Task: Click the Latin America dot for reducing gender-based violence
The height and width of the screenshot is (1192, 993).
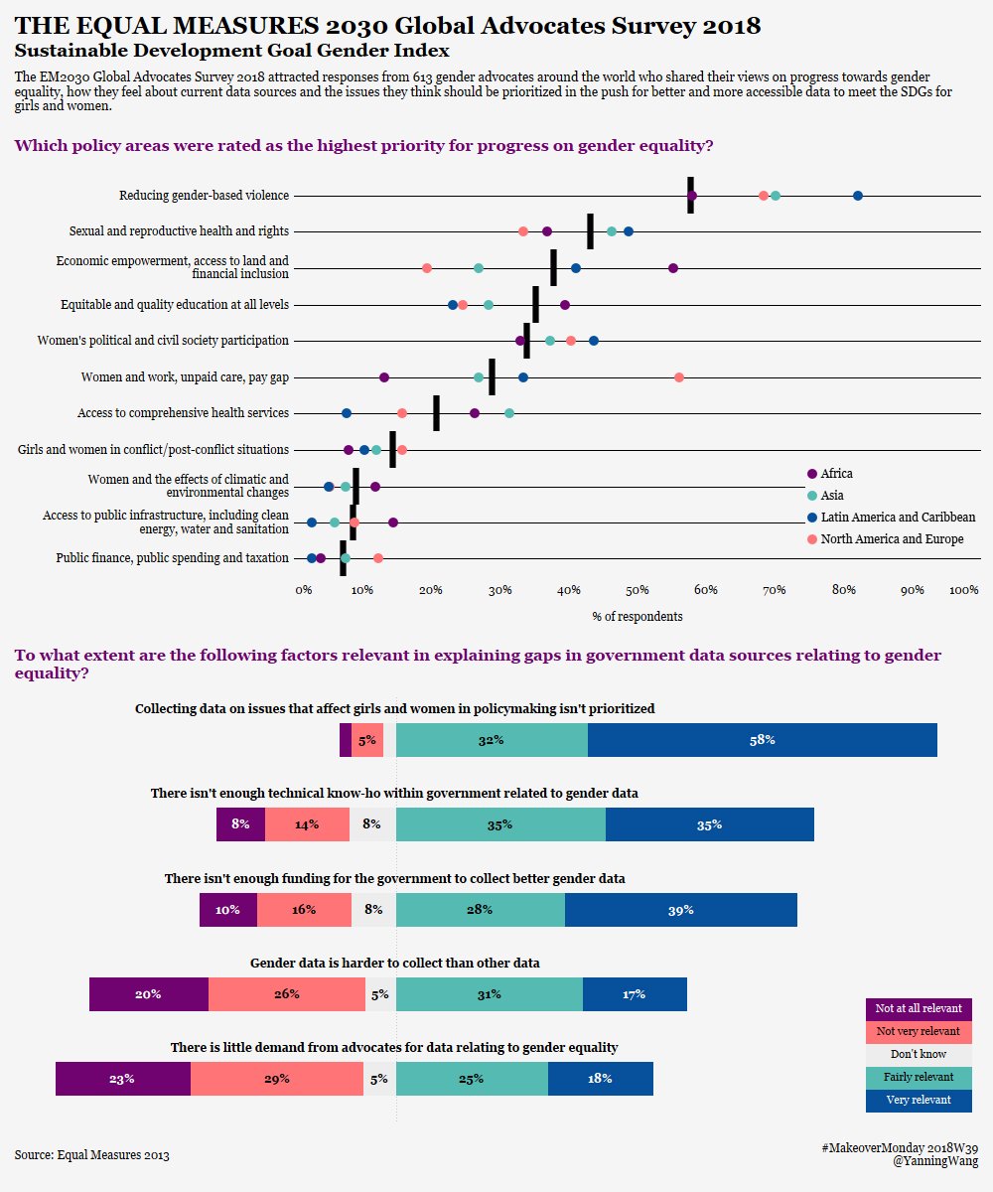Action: (858, 196)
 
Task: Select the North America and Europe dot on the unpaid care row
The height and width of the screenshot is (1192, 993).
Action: (679, 377)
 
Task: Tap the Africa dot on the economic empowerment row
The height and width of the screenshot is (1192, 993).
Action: (673, 268)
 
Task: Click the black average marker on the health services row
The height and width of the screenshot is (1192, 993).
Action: (436, 413)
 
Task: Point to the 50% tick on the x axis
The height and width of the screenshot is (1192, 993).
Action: (638, 591)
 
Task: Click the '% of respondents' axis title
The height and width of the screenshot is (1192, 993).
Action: (637, 617)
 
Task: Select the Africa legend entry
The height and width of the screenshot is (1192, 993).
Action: (835, 474)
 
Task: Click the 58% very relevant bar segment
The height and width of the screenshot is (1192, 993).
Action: (762, 740)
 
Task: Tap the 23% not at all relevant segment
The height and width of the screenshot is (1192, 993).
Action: (122, 1079)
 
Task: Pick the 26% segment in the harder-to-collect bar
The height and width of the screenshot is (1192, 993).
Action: (287, 994)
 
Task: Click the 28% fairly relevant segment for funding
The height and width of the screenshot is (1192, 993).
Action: (480, 910)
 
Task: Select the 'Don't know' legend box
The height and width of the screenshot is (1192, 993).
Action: (919, 1054)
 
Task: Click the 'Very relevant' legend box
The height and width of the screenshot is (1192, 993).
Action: (919, 1101)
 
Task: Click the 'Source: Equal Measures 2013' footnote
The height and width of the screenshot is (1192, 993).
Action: (92, 1155)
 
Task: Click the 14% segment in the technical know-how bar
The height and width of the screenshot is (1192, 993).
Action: (307, 824)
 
